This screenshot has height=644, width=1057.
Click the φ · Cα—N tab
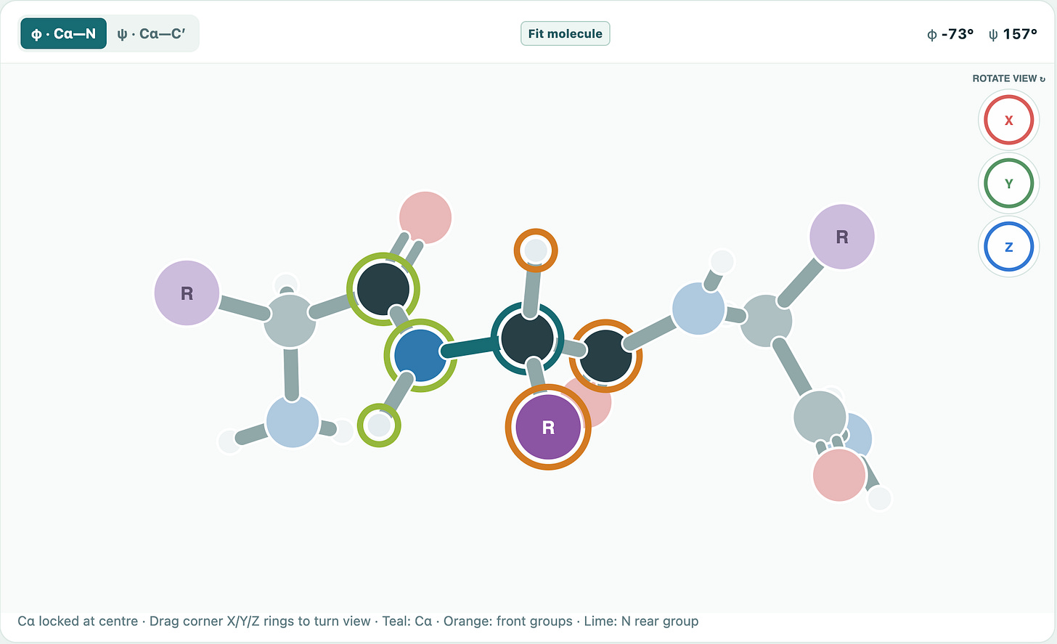click(x=63, y=33)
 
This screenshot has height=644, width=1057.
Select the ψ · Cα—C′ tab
click(x=151, y=33)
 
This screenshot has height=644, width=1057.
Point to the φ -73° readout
click(x=950, y=34)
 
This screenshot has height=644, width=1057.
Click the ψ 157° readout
click(x=1013, y=34)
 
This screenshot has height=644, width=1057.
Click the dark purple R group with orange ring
click(x=548, y=427)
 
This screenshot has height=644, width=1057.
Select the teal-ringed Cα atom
click(x=527, y=338)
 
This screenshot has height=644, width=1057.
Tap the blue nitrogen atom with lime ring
click(x=420, y=355)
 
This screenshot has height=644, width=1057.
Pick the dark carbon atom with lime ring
click(x=383, y=289)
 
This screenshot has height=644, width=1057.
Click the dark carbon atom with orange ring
click(x=605, y=356)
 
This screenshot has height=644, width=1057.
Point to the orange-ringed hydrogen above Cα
click(x=536, y=250)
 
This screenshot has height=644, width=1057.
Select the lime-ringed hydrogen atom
click(x=379, y=425)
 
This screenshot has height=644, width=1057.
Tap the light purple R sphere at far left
click(x=187, y=293)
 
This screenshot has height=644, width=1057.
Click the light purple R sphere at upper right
click(x=842, y=237)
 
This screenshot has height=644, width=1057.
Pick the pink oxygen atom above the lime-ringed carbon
click(x=425, y=218)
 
